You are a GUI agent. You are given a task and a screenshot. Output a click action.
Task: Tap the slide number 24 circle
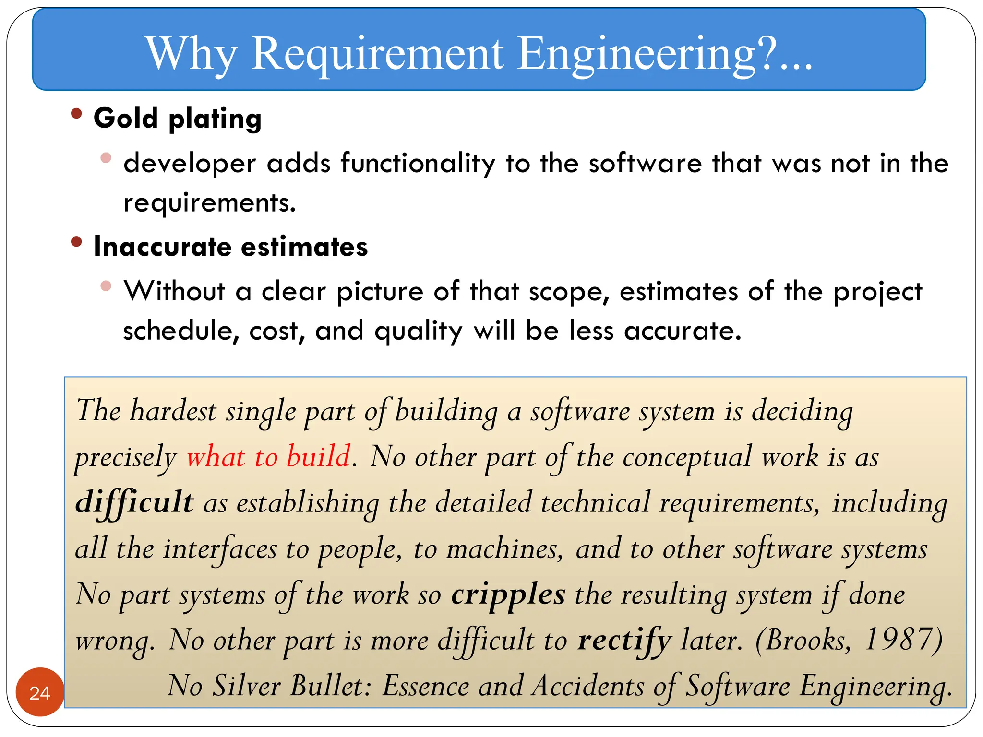(40, 692)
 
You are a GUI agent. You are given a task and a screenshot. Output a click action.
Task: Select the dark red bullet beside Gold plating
(76, 114)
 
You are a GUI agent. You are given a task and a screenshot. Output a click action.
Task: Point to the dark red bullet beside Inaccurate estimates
(76, 241)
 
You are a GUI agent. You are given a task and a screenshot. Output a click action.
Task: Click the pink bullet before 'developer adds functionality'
(106, 158)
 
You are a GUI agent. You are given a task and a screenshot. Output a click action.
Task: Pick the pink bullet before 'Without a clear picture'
(106, 286)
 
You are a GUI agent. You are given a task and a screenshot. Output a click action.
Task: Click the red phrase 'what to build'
(269, 456)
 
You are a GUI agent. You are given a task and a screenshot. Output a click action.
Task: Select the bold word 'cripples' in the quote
(508, 595)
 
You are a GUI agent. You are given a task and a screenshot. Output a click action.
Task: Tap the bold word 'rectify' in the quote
(624, 641)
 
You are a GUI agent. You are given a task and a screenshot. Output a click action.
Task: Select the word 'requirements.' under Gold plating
(210, 203)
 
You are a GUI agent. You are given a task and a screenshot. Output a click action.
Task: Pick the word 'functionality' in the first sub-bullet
(418, 163)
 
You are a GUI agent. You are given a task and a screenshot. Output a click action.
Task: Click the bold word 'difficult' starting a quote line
(135, 502)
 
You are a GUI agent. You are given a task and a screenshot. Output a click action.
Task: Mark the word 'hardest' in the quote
(173, 411)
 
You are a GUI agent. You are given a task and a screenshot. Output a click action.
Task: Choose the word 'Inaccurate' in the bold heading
(163, 247)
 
